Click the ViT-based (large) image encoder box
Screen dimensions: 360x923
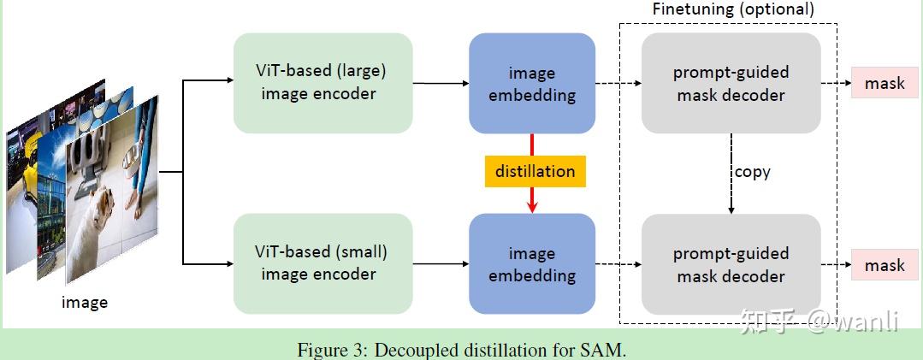click(322, 83)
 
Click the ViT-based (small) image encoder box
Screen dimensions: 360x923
click(322, 263)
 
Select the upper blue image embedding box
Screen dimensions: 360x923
click(532, 83)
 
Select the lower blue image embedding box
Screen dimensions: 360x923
click(532, 263)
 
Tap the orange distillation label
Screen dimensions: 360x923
click(535, 171)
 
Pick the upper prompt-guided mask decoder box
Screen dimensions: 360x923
click(731, 83)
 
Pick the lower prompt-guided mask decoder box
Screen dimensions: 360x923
click(731, 263)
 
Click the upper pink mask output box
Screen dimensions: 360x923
click(884, 84)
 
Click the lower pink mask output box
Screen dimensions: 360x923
click(884, 265)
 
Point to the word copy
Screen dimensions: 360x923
click(752, 172)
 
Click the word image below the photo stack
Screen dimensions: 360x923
click(85, 302)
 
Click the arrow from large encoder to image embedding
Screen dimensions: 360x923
click(440, 83)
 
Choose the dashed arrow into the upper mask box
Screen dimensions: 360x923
click(835, 84)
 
